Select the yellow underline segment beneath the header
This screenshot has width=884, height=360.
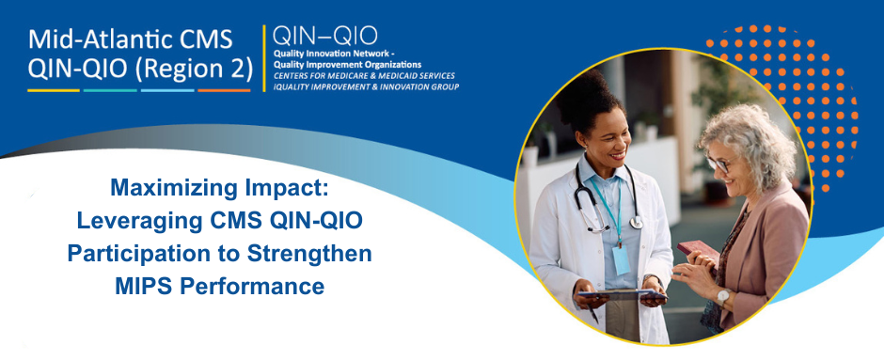click(53, 90)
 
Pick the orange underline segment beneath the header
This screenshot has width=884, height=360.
click(224, 90)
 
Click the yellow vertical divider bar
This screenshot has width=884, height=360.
click(263, 58)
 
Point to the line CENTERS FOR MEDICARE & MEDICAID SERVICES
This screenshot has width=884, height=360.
click(363, 74)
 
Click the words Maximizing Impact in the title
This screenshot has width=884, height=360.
click(217, 188)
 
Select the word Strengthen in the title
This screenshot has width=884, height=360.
click(319, 254)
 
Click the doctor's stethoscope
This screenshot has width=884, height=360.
click(602, 207)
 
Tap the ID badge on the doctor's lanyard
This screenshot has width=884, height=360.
click(621, 259)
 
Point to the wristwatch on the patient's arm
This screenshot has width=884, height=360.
click(722, 296)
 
